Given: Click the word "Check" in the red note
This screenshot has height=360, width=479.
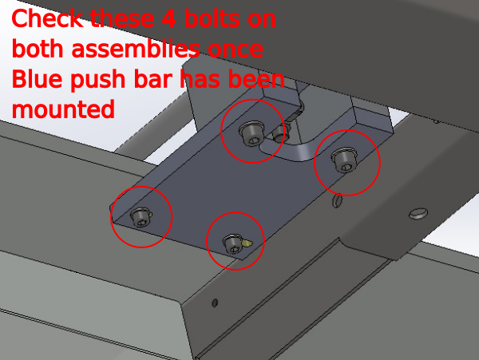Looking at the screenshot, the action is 47,18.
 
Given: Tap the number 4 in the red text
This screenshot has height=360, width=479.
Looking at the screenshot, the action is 168,18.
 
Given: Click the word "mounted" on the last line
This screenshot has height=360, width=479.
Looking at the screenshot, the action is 63,109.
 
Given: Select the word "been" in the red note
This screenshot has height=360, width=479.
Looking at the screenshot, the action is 256,79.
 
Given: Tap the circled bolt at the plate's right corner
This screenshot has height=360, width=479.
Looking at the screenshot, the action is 344,160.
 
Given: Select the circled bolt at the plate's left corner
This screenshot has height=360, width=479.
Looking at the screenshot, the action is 141,217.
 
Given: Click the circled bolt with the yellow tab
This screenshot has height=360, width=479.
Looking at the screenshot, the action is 233,243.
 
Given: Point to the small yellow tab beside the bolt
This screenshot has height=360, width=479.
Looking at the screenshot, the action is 247,243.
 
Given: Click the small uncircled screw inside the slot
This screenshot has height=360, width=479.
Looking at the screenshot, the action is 279,134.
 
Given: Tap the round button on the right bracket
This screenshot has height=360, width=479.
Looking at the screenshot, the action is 418,213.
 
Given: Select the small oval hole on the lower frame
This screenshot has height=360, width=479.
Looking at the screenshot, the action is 215,303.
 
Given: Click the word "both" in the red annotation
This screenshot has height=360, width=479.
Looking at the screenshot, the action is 38,49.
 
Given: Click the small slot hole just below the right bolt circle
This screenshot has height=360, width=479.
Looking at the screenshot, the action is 337,201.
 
